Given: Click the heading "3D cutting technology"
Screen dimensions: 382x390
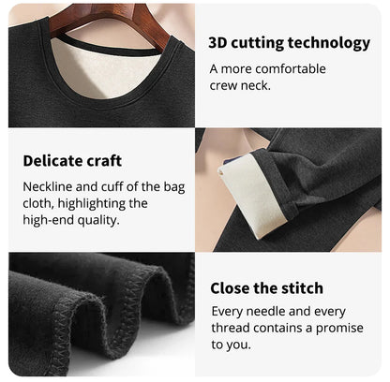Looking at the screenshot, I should pos(289,42).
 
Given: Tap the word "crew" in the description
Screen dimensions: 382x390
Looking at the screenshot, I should pos(225,85).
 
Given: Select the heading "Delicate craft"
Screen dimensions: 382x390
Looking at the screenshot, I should pos(72,160).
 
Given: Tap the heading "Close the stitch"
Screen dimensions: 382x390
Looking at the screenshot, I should pos(266,287).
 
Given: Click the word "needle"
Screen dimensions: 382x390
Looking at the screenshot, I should pos(272,312).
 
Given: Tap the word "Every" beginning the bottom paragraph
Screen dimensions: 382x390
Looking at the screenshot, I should pos(228,312).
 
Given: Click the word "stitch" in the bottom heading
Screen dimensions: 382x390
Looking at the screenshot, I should pos(300,287).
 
